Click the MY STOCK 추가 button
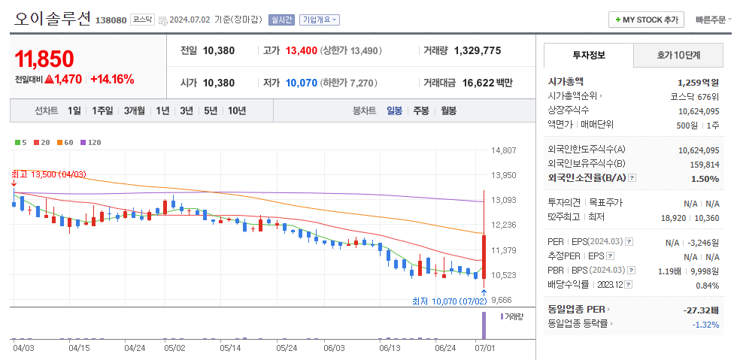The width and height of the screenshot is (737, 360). [646, 20]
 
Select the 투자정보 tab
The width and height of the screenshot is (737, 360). [588, 55]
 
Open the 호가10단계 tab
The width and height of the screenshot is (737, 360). [678, 55]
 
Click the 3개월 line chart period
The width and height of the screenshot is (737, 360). [135, 110]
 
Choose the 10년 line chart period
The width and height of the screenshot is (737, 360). [237, 110]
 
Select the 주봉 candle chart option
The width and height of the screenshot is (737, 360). [421, 110]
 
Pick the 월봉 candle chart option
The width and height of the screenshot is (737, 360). [449, 110]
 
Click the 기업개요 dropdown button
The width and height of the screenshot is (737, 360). [320, 20]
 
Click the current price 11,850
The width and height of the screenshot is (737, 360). [44, 59]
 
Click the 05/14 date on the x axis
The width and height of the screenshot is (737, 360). [230, 348]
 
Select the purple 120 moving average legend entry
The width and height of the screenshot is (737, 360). [91, 142]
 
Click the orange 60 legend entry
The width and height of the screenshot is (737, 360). [65, 142]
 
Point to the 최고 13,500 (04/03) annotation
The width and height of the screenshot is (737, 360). [49, 174]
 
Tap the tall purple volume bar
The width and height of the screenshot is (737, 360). [483, 325]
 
